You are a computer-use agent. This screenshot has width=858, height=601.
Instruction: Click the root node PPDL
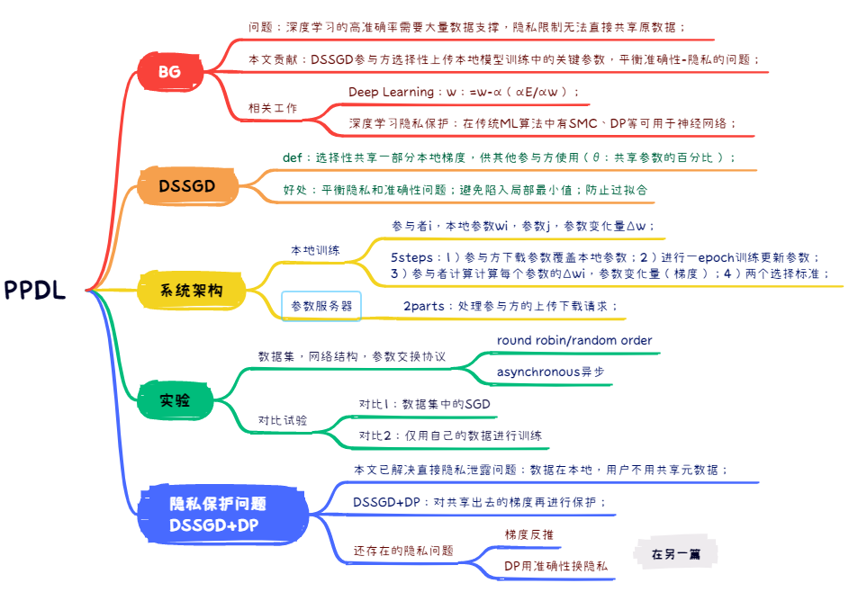point(35,290)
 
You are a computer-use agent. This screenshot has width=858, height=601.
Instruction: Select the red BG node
point(169,71)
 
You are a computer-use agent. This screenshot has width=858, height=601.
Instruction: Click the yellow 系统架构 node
point(191,290)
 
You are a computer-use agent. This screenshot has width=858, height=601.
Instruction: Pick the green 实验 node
point(175,400)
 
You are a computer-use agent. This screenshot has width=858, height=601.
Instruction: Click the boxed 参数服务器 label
point(321,307)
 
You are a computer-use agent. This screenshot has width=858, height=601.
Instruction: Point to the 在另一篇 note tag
point(676,554)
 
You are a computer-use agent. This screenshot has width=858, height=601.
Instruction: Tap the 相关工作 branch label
point(273,108)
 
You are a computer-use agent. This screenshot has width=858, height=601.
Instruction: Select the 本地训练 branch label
point(315,250)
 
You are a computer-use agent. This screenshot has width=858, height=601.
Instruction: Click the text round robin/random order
point(574,341)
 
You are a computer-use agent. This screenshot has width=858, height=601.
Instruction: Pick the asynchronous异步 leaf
point(550,372)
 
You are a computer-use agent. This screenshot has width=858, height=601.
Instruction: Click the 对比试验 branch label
point(283,420)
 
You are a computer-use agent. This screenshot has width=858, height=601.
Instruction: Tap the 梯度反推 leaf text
point(529,534)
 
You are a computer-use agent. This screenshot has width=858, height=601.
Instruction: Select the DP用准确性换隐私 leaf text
point(555,566)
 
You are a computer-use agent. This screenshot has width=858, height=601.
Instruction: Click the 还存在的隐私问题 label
point(402,551)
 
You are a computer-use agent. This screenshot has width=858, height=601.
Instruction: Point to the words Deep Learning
point(388,92)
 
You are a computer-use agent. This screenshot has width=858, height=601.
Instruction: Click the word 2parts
point(423,306)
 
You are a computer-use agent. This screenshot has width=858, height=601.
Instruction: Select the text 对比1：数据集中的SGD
point(424,404)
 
